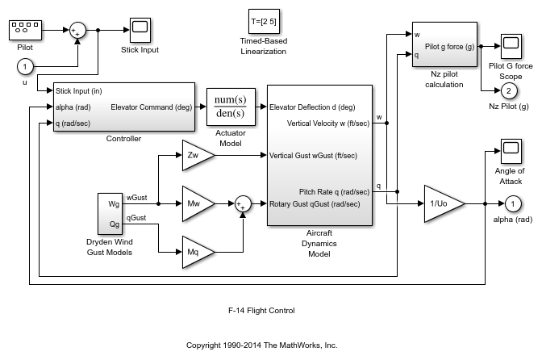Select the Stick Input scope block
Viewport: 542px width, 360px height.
(140, 30)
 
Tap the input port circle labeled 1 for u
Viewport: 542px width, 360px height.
(26, 66)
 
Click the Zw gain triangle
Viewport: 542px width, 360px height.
(194, 155)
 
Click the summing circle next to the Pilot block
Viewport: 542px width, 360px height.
(77, 31)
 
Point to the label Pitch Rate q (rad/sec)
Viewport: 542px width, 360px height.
(334, 192)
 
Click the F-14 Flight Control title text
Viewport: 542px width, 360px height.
(261, 310)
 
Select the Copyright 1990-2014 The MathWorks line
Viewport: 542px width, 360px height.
(261, 345)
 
